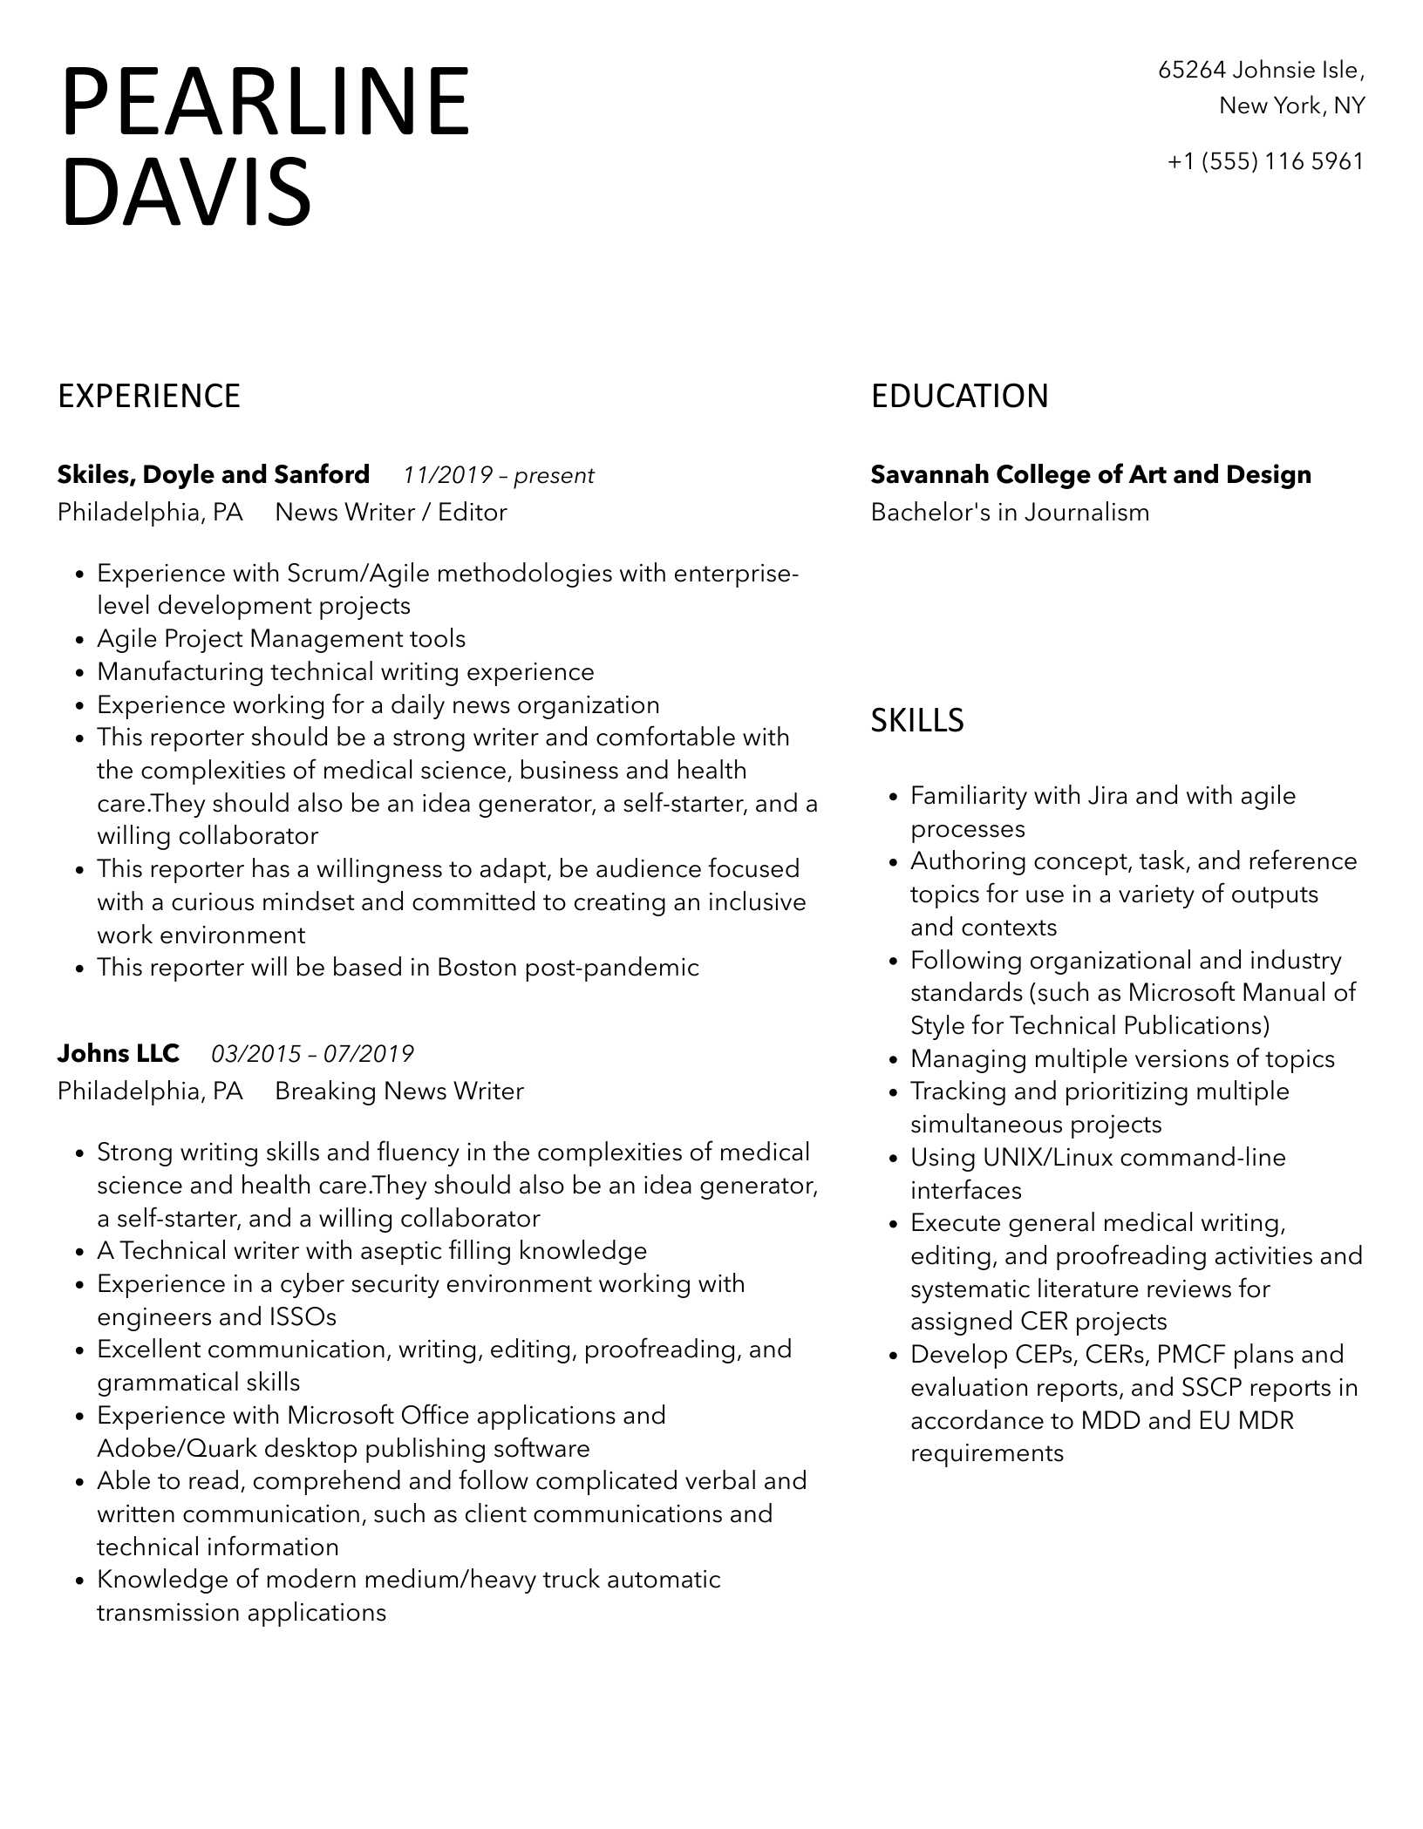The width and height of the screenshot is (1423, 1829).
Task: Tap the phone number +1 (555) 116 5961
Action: (x=1265, y=161)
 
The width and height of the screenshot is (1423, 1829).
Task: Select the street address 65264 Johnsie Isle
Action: (x=1260, y=70)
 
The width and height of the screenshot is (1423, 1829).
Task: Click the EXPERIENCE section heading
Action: (x=149, y=396)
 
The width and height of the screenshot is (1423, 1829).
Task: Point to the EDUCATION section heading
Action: (x=959, y=396)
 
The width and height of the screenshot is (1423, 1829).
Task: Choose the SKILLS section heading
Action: (x=917, y=720)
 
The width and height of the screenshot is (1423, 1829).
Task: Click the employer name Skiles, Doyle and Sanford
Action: (x=214, y=474)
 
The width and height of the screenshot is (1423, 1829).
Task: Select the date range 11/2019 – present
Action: (x=498, y=476)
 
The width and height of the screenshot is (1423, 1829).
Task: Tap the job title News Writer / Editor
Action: (x=391, y=512)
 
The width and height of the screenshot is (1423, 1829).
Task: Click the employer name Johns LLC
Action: (x=119, y=1053)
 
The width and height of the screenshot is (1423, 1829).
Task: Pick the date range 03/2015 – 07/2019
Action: (x=312, y=1055)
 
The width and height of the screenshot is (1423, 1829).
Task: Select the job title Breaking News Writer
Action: (x=399, y=1091)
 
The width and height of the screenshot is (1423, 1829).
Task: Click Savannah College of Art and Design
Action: (x=1091, y=474)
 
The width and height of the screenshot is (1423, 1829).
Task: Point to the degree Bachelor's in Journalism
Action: (x=1010, y=512)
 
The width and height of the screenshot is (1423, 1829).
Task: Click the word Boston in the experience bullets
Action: (x=477, y=968)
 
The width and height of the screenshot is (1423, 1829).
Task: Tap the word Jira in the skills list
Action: (x=1108, y=796)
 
